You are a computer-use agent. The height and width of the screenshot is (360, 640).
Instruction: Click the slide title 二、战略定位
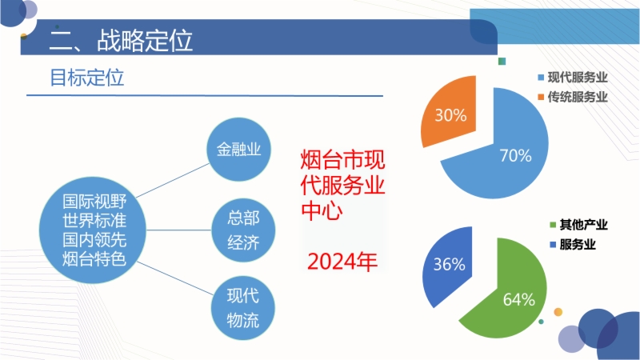coord(121,40)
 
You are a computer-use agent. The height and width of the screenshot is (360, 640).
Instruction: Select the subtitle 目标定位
coord(86,78)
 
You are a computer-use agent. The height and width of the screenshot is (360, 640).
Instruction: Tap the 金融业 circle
coord(238,150)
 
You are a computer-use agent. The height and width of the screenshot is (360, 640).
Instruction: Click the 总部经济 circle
coord(243,230)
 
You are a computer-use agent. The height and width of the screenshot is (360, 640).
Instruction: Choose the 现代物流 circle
coord(243,308)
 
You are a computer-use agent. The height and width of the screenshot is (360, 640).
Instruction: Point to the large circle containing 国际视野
coord(93,230)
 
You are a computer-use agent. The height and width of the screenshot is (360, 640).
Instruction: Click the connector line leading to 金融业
coord(173,181)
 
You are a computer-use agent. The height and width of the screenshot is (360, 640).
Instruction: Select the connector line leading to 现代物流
coord(175,278)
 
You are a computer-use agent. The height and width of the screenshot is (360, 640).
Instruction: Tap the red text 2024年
coord(342,262)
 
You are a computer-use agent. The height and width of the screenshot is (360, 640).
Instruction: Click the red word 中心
coord(322,210)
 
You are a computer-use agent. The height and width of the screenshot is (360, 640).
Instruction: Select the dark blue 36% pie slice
coord(449,266)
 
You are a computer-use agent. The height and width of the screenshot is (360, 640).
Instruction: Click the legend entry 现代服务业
coord(573,77)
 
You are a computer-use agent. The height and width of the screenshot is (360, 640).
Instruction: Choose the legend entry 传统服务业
coord(573,97)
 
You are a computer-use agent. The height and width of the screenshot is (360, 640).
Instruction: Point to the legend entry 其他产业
coord(578,225)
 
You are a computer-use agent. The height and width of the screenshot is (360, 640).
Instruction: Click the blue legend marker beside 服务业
coord(553,245)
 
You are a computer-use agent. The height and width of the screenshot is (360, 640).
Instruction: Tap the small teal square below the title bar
coord(502,62)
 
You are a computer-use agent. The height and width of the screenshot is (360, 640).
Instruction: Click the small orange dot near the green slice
coord(558,312)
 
